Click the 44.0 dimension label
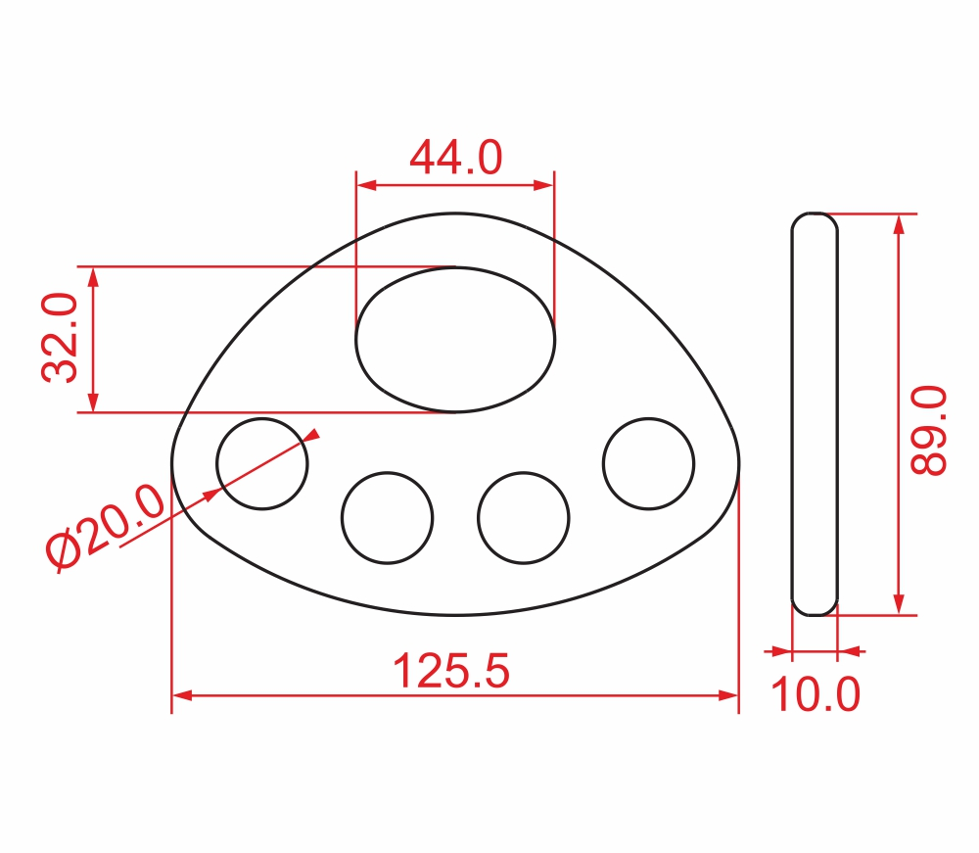[456, 158]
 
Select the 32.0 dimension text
[60, 337]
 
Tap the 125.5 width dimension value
[450, 671]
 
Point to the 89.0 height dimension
[928, 430]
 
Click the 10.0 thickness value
[816, 693]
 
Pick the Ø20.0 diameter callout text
[105, 528]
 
